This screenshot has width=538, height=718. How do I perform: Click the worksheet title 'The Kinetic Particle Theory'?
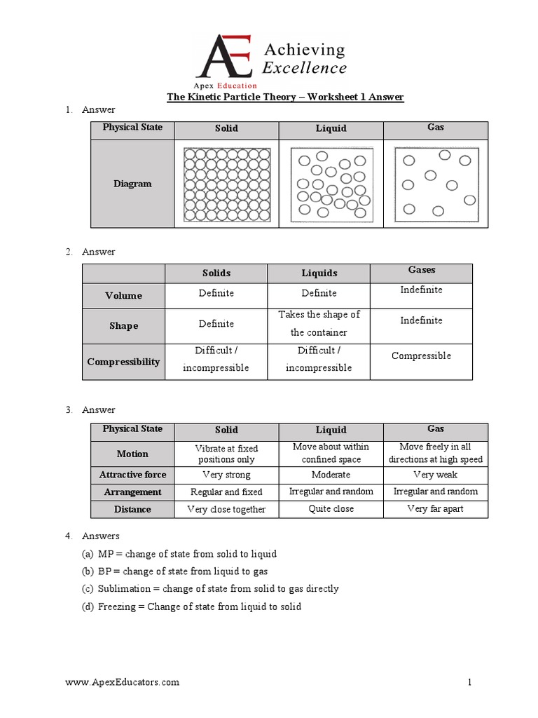click(x=284, y=97)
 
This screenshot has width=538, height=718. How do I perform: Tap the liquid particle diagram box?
click(x=331, y=183)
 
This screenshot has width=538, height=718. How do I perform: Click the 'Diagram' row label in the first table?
click(x=132, y=184)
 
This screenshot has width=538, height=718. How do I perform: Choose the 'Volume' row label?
click(x=123, y=295)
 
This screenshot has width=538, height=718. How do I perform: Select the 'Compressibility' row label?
click(x=123, y=362)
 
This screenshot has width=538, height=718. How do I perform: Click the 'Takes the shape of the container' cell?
click(x=319, y=323)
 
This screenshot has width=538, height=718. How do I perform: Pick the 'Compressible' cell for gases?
click(x=421, y=355)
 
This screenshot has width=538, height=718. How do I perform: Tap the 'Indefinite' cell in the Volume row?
click(x=421, y=290)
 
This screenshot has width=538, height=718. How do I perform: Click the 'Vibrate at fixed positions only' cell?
click(x=226, y=454)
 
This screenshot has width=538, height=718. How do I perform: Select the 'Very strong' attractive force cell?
click(x=226, y=475)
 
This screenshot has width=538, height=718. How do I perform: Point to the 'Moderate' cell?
click(x=331, y=475)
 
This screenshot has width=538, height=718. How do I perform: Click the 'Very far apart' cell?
click(x=435, y=508)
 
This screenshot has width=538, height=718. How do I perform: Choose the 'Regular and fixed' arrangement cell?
click(x=226, y=492)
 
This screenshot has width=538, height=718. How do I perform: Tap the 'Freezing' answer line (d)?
click(x=191, y=606)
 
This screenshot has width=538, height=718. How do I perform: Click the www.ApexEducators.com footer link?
click(x=122, y=682)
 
